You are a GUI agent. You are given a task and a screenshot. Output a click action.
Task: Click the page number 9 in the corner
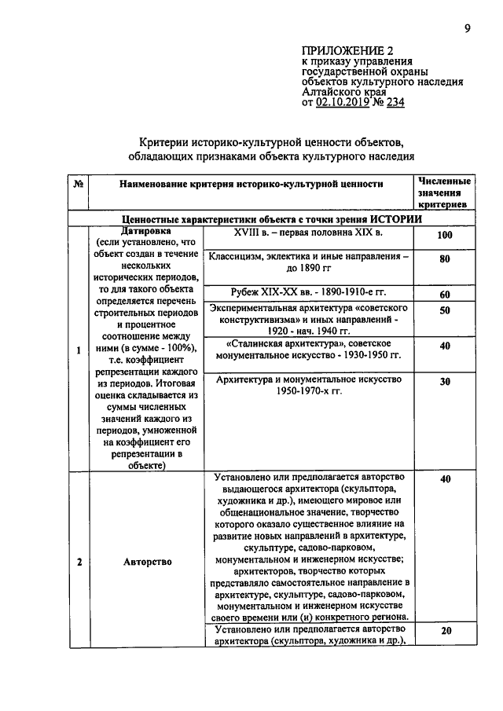[x=467, y=29]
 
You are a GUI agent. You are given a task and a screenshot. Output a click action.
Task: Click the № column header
[x=79, y=184]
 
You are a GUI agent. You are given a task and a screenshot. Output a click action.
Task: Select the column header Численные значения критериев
[x=444, y=192]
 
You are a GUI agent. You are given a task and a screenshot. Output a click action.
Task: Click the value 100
[x=444, y=236]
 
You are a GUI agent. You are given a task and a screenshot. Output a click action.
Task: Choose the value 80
[x=444, y=259]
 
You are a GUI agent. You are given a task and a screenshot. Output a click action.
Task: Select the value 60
[x=444, y=294]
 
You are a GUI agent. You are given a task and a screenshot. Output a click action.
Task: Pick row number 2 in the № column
[x=79, y=562]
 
